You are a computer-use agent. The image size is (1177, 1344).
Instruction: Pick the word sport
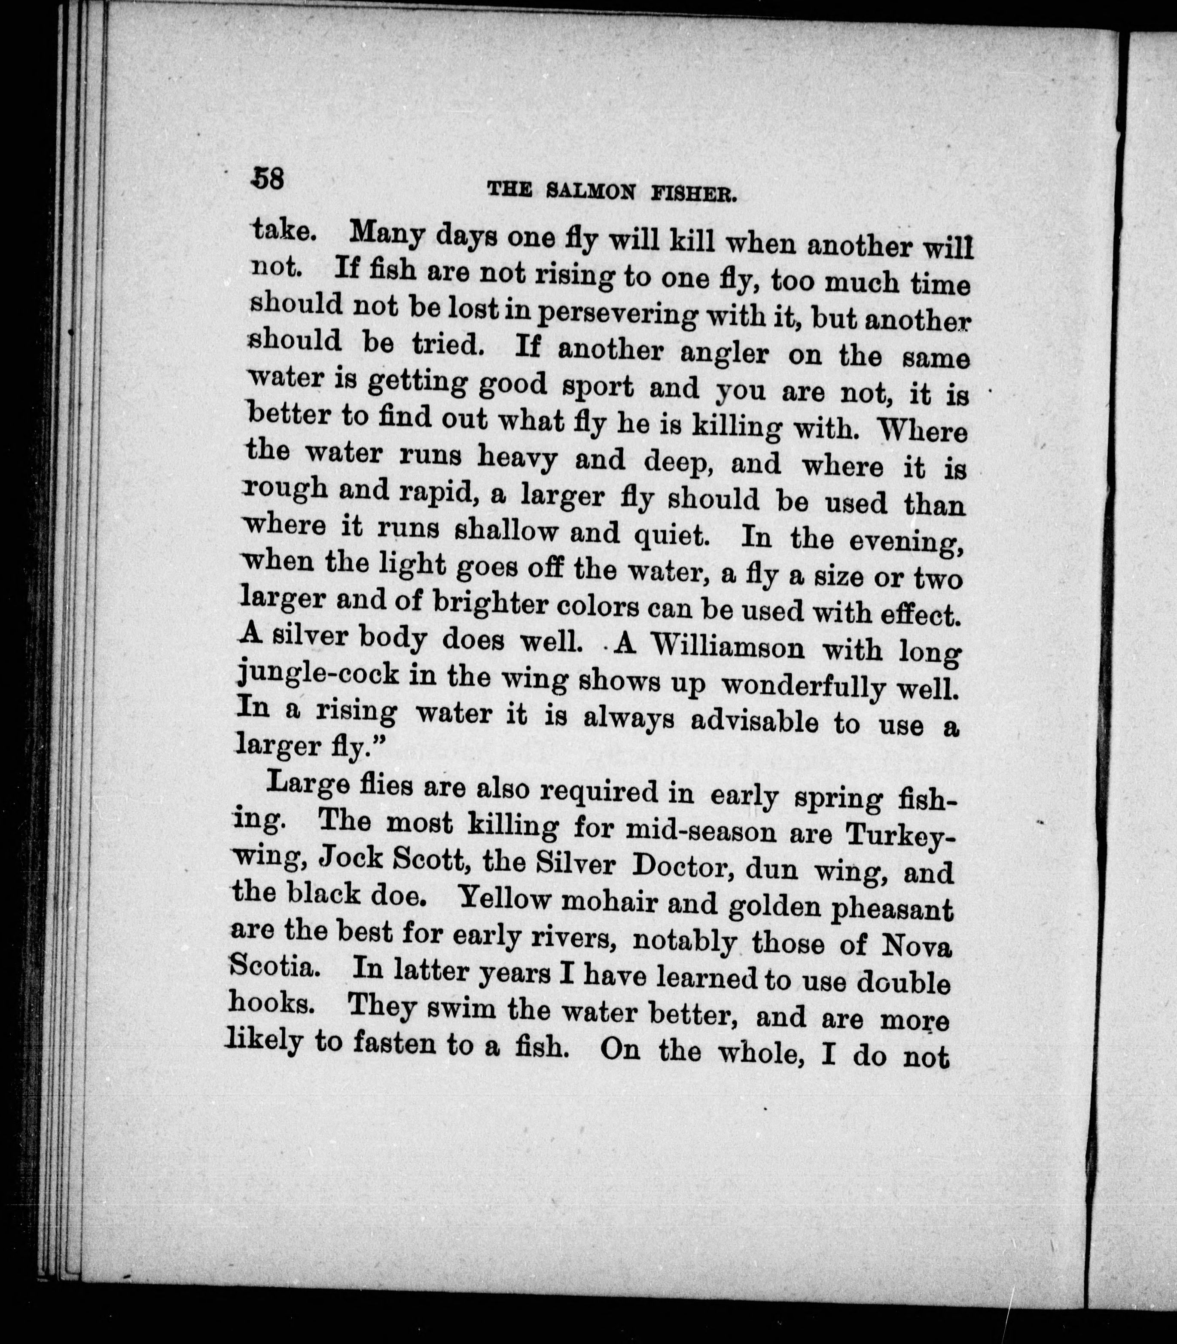[598, 388]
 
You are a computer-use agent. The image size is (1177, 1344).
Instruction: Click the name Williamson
[730, 647]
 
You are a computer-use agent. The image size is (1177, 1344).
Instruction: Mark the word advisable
[755, 721]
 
